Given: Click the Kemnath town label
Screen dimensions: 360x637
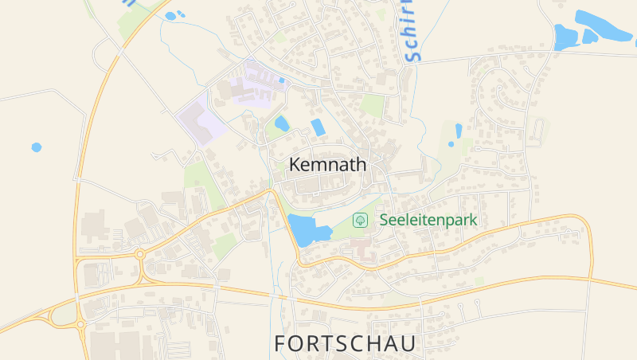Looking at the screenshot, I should pos(328,166).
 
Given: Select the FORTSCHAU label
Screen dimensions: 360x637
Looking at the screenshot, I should pos(345,343).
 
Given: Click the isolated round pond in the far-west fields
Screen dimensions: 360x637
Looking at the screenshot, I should pos(36,147).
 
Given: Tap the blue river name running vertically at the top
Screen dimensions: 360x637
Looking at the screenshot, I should pos(409,32).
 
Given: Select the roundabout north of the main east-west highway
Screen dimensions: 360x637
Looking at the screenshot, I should pos(140,255).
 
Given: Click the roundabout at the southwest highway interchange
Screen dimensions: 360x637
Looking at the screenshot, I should pos(80,324).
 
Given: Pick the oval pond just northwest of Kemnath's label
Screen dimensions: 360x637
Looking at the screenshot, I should pos(282,123).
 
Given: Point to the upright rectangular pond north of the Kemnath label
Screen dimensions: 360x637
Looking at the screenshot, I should pos(318,127).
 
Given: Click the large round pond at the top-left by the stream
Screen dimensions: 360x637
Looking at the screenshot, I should pos(170,16).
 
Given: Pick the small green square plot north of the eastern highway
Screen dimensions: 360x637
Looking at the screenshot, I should pos(479,281).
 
